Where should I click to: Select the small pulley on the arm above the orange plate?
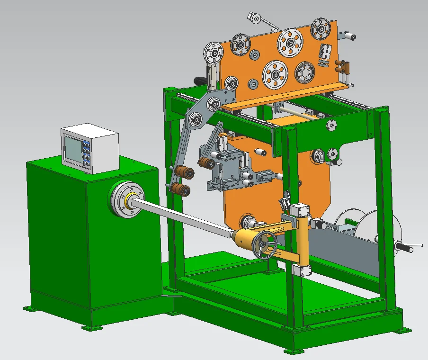256,18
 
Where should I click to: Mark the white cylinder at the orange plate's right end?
349,36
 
